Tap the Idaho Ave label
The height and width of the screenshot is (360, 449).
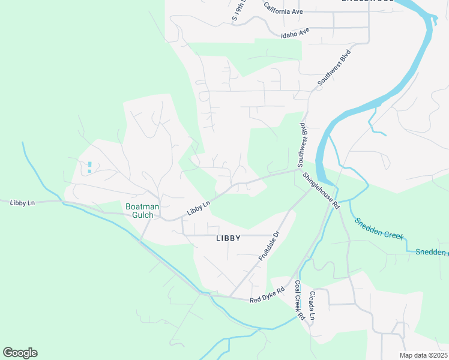coord(295,32)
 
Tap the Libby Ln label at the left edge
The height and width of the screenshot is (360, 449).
coord(22,203)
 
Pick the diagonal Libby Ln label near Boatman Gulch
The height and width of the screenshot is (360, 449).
coord(198,208)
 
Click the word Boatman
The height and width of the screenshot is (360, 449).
coord(142,207)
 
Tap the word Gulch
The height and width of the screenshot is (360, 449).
coord(142,215)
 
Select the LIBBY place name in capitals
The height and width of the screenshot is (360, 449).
coord(228,238)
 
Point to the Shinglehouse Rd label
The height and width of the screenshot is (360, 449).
coord(321,190)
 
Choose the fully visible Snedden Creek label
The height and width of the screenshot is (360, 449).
coord(379,229)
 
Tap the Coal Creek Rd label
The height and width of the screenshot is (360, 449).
coord(298,299)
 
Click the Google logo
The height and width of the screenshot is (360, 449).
coord(20,353)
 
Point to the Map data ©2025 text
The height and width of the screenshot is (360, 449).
coord(424,355)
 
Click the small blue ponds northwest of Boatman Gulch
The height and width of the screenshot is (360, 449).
coord(89,167)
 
